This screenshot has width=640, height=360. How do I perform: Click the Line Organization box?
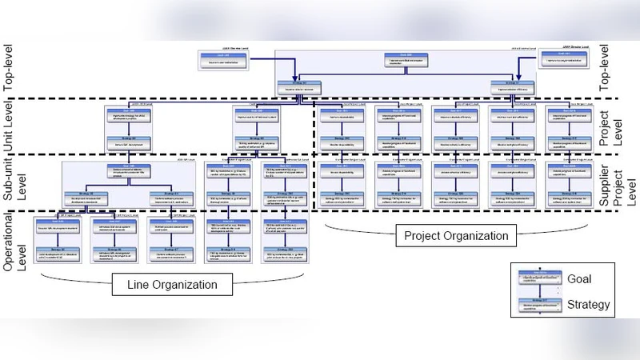click(x=173, y=284)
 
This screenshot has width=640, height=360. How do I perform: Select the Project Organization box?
click(x=456, y=236)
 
